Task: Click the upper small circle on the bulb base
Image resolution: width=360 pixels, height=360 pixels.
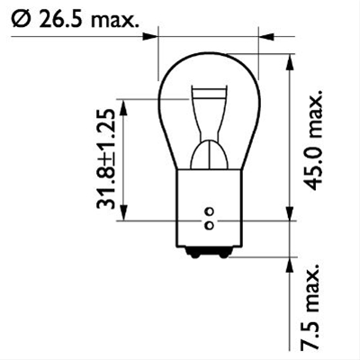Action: tap(208, 210)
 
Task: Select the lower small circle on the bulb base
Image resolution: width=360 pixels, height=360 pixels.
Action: tap(208, 222)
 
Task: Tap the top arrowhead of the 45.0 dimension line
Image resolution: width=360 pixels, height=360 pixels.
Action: tap(290, 61)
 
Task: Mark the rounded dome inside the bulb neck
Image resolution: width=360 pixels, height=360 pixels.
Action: tap(208, 153)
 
